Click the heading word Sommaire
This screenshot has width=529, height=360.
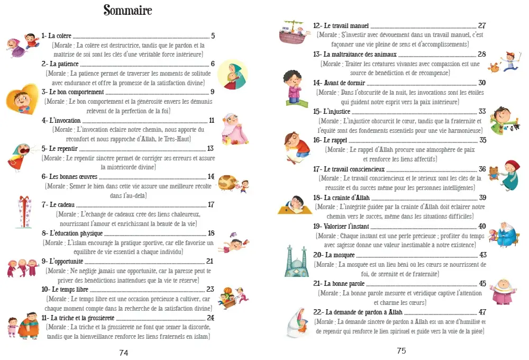pos(127,11)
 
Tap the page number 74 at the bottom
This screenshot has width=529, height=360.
pos(124,353)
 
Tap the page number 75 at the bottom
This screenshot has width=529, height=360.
pos(401,350)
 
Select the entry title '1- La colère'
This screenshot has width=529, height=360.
pos(57,37)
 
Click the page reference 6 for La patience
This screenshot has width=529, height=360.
pos(212,64)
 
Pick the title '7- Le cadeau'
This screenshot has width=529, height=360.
pos(58,205)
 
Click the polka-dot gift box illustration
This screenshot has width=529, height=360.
pos(20,211)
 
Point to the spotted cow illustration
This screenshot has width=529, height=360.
pos(227,183)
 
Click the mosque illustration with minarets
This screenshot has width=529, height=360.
pos(296,260)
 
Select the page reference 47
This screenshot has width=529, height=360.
pos(482,312)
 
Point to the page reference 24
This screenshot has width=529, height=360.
pos(210,318)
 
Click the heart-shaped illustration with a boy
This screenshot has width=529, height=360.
pos(22,98)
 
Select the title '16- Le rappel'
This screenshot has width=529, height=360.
pos(331,140)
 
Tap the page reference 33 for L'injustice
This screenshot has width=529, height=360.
pos(482,112)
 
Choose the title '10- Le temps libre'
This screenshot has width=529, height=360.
pos(65,290)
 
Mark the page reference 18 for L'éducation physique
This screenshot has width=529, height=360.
pos(211,233)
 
